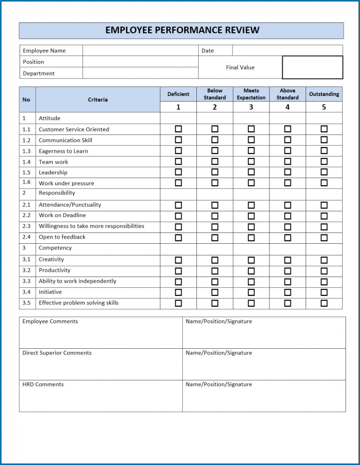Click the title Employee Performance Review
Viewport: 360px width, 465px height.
pos(182,30)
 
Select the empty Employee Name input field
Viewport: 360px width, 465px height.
pos(140,51)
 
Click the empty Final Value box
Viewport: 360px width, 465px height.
pos(312,67)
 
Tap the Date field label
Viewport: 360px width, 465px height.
pos(208,51)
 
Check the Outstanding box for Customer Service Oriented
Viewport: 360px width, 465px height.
pos(324,129)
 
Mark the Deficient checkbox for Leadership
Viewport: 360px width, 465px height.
pos(178,172)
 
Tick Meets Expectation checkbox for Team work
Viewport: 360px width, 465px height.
pos(251,162)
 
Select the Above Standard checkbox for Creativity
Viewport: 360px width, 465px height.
pos(287,260)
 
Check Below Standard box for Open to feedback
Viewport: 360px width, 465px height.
pos(215,237)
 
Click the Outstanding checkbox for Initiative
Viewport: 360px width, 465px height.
pos(324,292)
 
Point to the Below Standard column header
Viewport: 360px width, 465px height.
pos(215,94)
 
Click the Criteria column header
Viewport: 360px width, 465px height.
pos(97,99)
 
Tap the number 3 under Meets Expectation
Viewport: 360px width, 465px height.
pos(251,107)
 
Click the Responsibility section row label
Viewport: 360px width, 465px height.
pos(57,193)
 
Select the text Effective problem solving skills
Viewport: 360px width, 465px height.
pos(78,303)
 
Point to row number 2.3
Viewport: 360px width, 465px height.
pos(26,226)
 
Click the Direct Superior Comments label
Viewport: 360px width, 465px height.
pos(57,353)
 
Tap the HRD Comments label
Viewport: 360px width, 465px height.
pos(43,384)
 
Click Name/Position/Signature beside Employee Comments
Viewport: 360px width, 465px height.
pos(218,322)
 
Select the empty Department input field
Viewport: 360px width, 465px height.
pos(140,73)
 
